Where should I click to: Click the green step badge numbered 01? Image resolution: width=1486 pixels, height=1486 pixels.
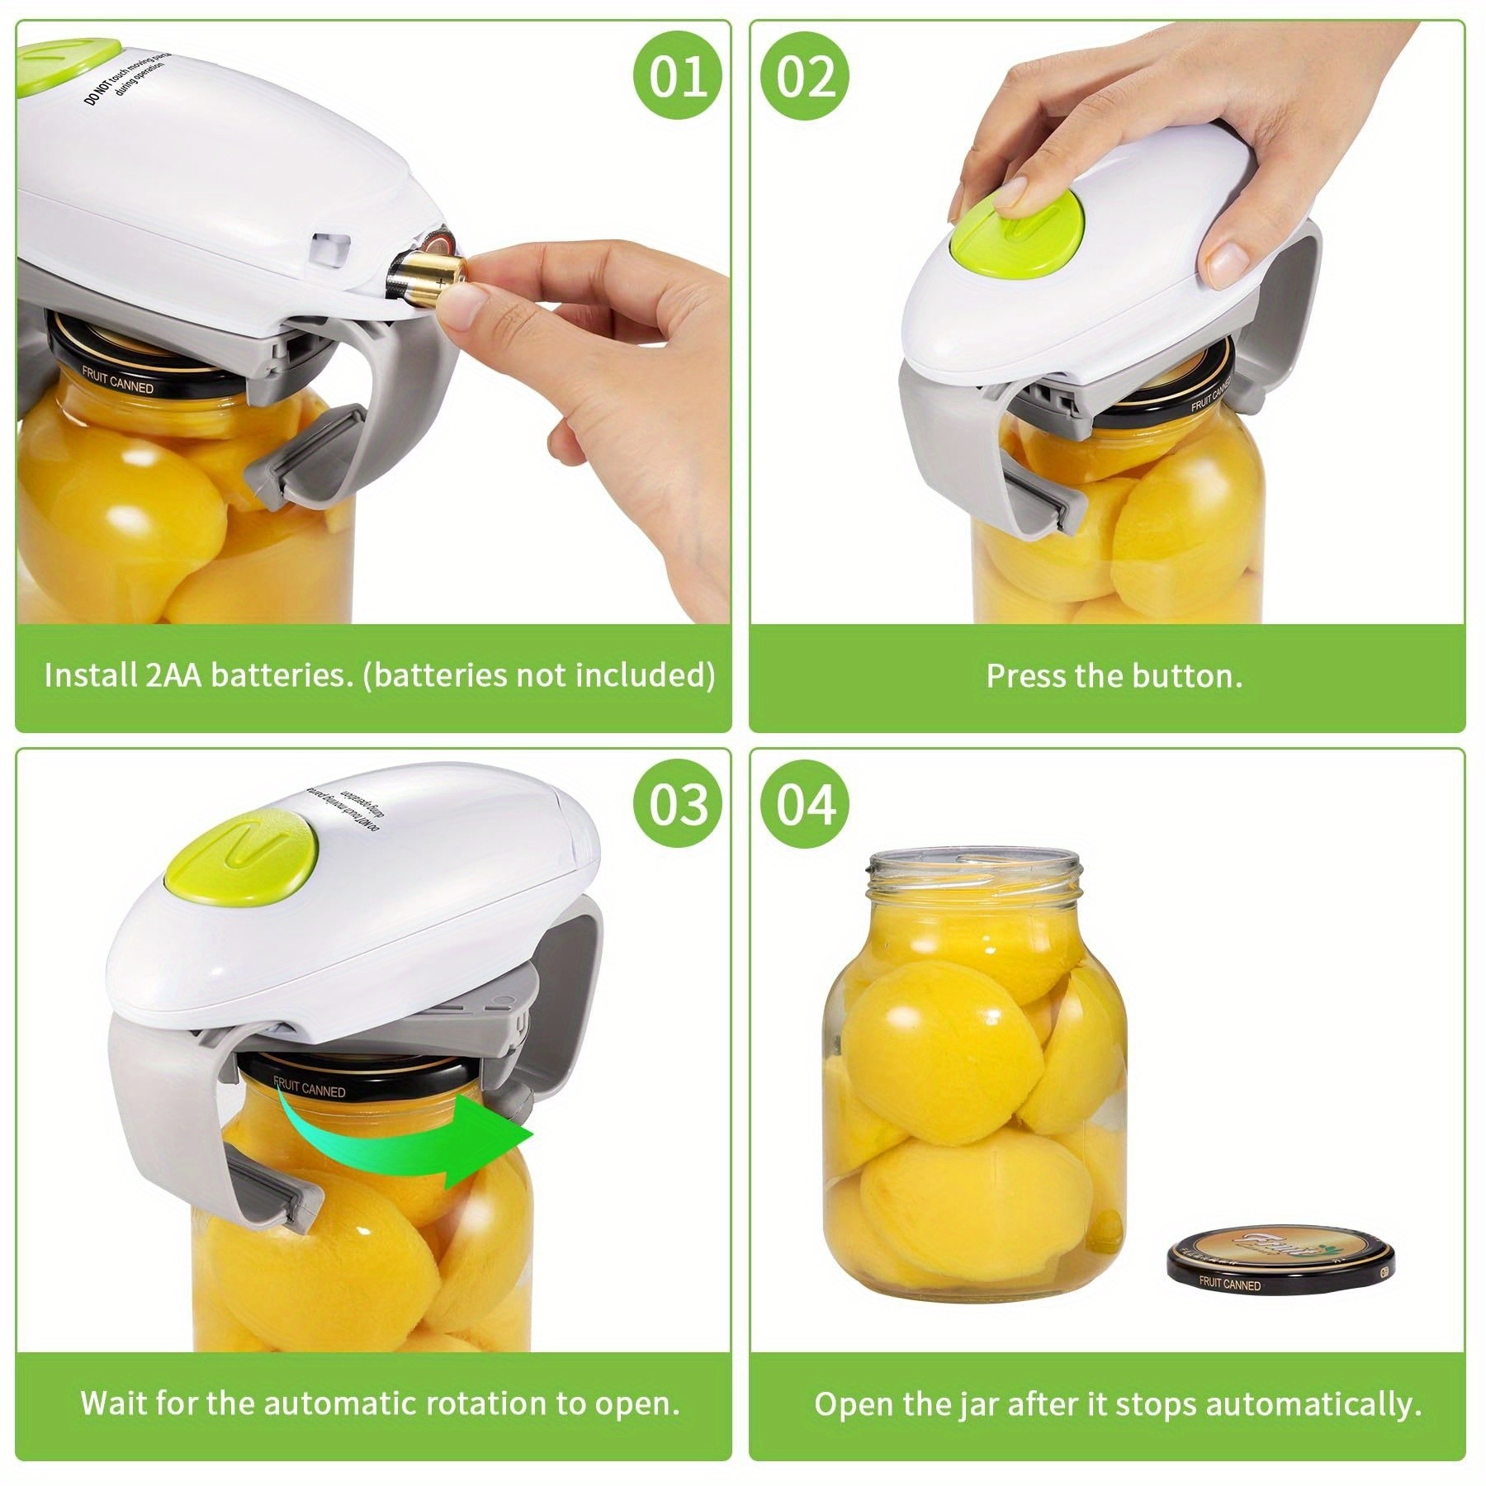point(678,78)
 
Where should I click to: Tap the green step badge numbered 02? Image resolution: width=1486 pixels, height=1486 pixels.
point(805,78)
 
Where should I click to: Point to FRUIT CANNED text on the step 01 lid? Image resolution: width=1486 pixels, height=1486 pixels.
point(117,382)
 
